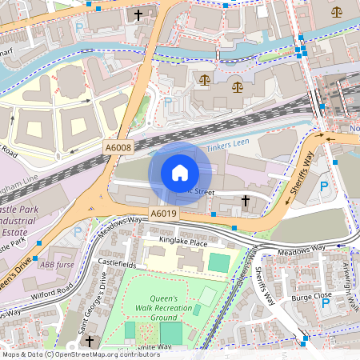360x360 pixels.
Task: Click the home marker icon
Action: (180, 173)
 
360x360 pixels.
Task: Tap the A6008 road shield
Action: (118, 148)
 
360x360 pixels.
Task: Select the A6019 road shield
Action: (163, 214)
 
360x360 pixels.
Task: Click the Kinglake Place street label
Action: (182, 242)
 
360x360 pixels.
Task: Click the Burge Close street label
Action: (311, 295)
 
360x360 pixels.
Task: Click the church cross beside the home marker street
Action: (245, 199)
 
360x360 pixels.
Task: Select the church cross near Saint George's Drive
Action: (90, 342)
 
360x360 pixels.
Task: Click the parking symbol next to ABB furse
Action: (78, 232)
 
